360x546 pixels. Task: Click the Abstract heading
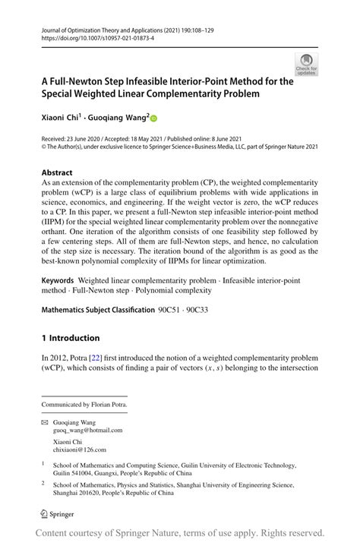[x=57, y=172]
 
